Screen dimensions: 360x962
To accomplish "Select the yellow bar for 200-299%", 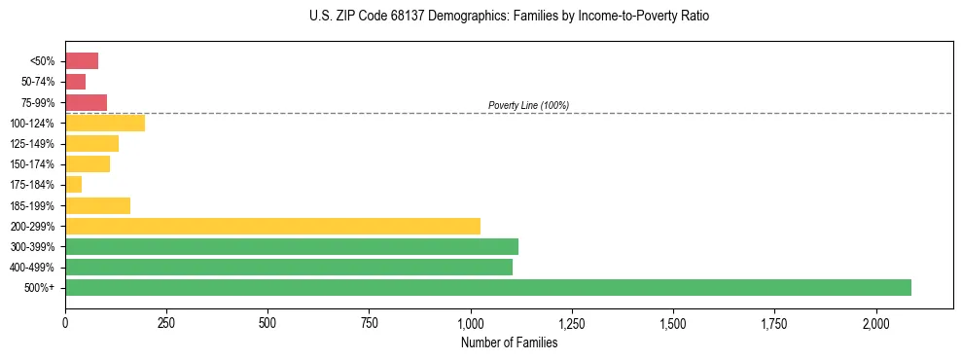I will [x=272, y=226].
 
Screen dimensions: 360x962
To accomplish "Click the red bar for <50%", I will [x=82, y=61].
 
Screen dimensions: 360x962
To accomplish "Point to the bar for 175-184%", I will [x=74, y=184].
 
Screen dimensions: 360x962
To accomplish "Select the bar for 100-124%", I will [x=105, y=123].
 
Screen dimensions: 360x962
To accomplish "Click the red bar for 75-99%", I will [x=86, y=102].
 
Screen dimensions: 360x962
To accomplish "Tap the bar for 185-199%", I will [x=97, y=205].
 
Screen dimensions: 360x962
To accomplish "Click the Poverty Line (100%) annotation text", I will [x=528, y=105].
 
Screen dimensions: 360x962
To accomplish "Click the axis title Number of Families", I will [x=509, y=342].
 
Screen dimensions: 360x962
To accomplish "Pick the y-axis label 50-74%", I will [x=39, y=82].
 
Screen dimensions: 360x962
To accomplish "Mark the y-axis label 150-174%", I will [x=32, y=164].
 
